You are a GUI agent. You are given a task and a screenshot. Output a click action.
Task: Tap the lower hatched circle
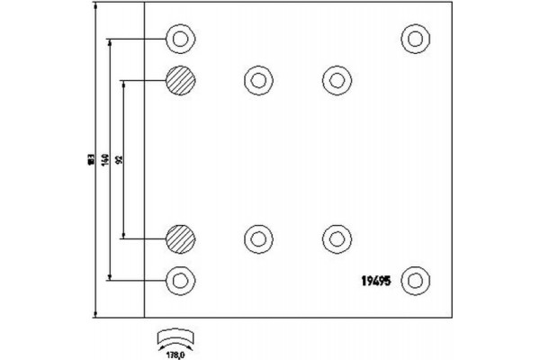click(180, 238)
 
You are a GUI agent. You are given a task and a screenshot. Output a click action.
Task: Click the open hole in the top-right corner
click(415, 40)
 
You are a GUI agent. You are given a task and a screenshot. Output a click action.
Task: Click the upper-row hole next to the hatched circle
click(258, 80)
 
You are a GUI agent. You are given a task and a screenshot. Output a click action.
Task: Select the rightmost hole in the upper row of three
click(336, 80)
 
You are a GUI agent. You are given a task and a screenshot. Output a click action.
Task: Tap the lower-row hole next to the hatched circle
click(258, 238)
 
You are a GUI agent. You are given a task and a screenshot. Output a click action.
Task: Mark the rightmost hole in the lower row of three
click(336, 238)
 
